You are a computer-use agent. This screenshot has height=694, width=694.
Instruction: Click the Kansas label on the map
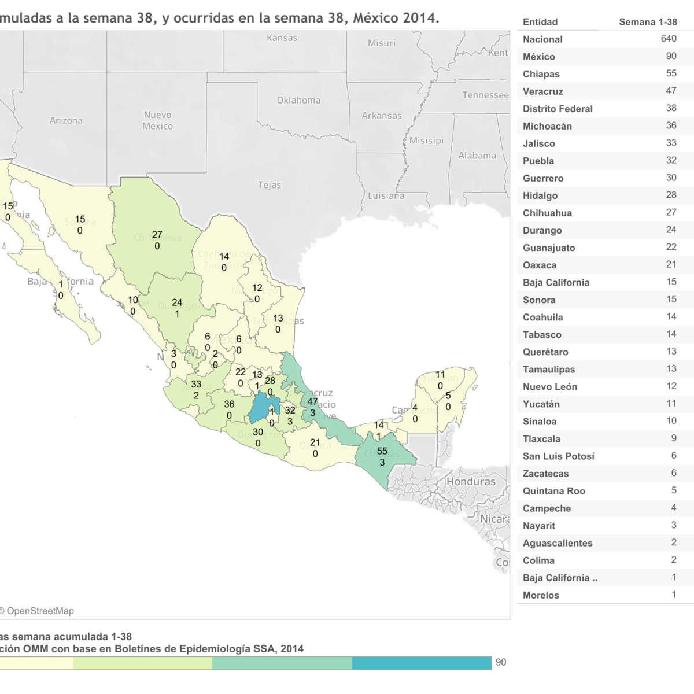(282, 38)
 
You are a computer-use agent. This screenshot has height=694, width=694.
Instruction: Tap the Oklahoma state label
(298, 100)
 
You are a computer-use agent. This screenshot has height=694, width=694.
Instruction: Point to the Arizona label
(66, 120)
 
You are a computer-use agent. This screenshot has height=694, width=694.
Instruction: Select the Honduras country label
(471, 482)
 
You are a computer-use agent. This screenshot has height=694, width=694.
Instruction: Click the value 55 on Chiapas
(382, 452)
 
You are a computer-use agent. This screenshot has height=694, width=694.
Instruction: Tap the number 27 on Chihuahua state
(157, 235)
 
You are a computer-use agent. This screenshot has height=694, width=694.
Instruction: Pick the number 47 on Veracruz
(313, 401)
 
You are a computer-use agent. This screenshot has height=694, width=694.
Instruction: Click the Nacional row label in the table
(542, 39)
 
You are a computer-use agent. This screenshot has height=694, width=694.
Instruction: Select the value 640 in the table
(668, 39)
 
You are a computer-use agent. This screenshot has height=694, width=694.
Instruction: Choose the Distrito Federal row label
(558, 109)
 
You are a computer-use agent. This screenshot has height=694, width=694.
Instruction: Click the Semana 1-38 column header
(647, 22)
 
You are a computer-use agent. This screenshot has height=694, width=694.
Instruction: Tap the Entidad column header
(540, 22)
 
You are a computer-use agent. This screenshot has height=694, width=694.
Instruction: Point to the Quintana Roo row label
(553, 491)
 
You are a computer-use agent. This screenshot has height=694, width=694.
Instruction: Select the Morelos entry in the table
(541, 595)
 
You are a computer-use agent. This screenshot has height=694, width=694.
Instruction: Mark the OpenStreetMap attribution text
(37, 611)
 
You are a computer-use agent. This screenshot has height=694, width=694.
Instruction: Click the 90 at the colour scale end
(501, 662)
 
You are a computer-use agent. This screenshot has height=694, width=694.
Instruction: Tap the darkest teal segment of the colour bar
(421, 663)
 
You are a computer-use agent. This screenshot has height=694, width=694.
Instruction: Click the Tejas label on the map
(270, 185)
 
